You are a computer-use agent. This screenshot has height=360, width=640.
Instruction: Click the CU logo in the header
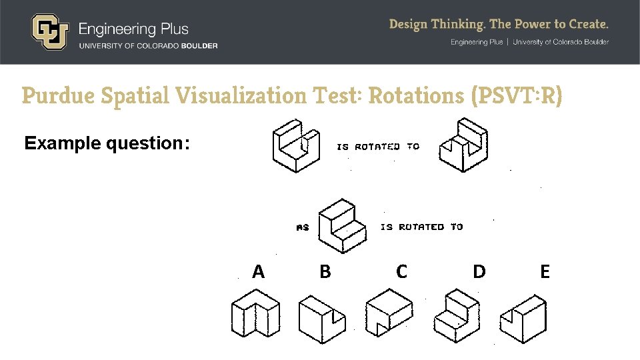point(49,32)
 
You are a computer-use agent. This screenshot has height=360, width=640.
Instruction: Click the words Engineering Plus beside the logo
point(133,29)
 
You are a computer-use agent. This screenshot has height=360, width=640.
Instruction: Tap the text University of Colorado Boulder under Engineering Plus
point(148,45)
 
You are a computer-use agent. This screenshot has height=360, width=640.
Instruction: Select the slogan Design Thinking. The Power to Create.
point(499,25)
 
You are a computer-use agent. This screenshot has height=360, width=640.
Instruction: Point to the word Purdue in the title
point(57,96)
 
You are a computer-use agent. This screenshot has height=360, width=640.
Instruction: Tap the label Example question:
point(107,143)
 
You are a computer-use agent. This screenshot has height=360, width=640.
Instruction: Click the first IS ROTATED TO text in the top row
point(377,147)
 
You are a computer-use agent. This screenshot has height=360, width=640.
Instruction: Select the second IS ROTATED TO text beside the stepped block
point(421,227)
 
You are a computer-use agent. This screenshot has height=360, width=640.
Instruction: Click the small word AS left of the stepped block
point(303,227)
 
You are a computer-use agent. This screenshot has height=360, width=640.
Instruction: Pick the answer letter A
point(258,271)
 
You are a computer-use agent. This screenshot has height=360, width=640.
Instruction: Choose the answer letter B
point(325,271)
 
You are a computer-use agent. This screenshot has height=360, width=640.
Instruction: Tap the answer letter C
point(401,271)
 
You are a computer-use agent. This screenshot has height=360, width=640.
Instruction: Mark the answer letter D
point(479,271)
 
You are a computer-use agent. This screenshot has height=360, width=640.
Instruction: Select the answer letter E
point(545,271)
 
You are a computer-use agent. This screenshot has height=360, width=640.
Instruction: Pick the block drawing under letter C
point(389,313)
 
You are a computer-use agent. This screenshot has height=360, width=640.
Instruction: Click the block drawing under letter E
point(524,319)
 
